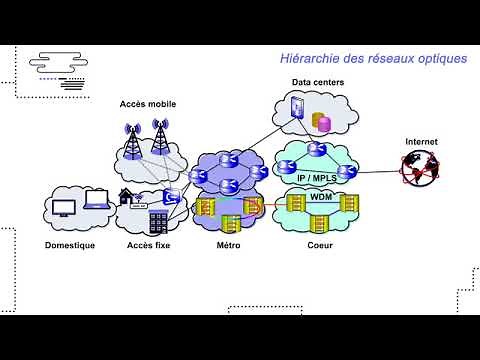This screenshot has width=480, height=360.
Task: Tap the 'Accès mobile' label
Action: (x=147, y=104)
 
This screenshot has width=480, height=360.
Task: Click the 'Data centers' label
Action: (x=315, y=83)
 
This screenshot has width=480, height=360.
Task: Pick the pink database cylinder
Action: (x=323, y=121)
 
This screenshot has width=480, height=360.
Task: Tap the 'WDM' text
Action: (x=321, y=197)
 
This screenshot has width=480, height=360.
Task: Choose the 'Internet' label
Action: (x=421, y=143)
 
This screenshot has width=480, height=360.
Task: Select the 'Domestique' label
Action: (x=70, y=246)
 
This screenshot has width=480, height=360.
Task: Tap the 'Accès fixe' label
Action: (x=147, y=246)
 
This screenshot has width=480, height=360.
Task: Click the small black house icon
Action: (x=126, y=196)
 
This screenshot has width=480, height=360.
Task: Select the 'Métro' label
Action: (x=228, y=246)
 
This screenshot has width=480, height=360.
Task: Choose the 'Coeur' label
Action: (x=320, y=246)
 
